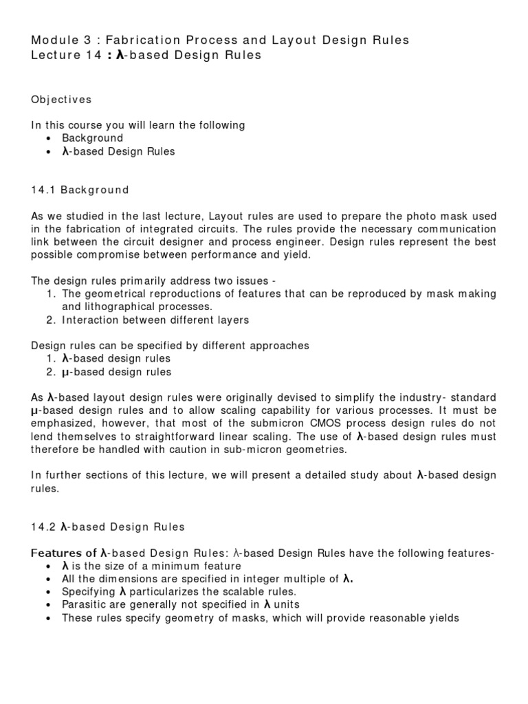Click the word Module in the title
point(54,40)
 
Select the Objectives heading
point(61,100)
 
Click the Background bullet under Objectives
point(92,138)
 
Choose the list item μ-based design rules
point(116,372)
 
